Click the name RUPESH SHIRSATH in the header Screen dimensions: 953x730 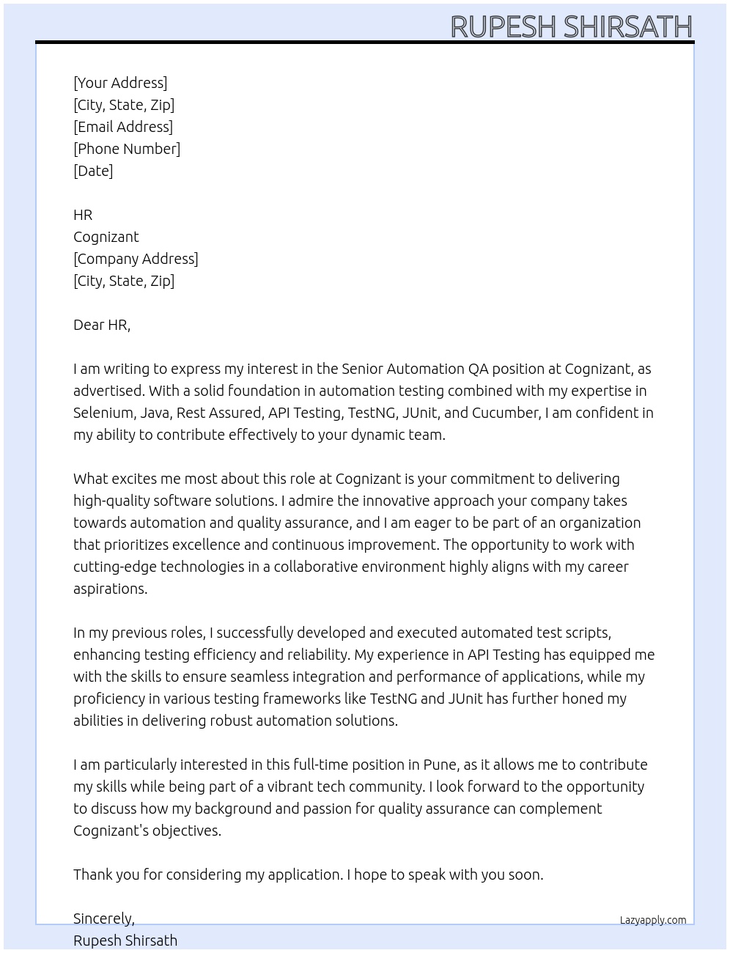point(571,26)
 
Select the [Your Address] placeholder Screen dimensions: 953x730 point(120,83)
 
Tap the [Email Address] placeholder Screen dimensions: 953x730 point(123,127)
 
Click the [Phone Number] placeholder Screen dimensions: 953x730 point(127,149)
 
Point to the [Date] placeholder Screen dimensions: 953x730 point(93,171)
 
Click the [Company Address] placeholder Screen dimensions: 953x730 point(136,259)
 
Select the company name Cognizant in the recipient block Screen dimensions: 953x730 point(106,237)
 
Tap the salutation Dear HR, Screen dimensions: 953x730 point(102,325)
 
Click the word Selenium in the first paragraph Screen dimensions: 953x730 point(102,413)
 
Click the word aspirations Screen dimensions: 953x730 point(110,589)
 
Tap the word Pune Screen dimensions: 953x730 point(440,765)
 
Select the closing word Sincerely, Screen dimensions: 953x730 point(104,919)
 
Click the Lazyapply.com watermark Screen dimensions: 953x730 point(653,920)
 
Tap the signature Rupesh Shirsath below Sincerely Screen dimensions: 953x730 point(125,941)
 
